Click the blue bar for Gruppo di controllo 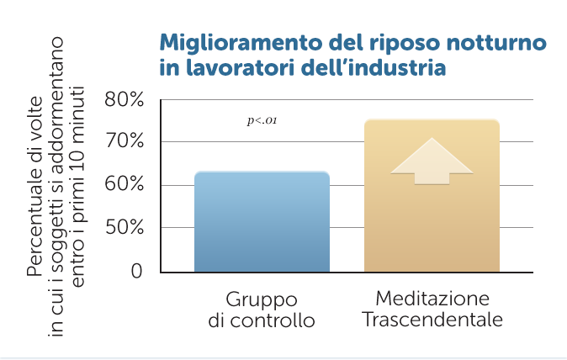(x=262, y=222)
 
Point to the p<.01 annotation (x=262, y=121)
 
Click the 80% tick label (x=124, y=100)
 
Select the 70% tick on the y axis (x=124, y=141)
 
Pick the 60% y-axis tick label (x=124, y=185)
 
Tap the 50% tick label (x=124, y=228)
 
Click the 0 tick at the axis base (x=135, y=272)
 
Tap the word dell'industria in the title (x=375, y=66)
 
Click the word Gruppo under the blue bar (x=262, y=299)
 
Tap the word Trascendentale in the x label (x=432, y=320)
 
